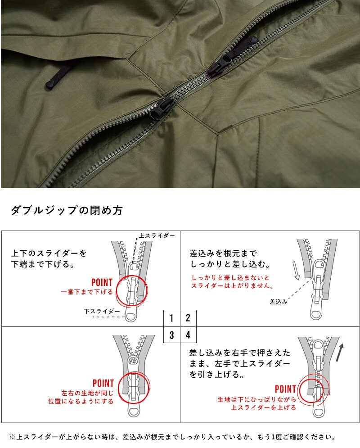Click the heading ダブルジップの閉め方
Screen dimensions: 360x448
(x=67, y=210)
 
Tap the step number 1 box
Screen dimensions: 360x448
(x=171, y=318)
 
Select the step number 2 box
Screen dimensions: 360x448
(x=188, y=318)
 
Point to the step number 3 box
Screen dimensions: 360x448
(x=171, y=335)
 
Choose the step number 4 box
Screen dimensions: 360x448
(x=188, y=335)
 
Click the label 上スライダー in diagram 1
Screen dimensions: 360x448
(x=157, y=235)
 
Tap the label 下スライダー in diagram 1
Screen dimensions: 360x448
(x=102, y=311)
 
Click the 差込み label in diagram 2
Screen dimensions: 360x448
(x=279, y=302)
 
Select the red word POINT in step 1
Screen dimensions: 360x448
(x=102, y=282)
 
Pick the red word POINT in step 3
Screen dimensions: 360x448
(x=103, y=383)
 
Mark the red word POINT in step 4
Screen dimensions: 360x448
(x=285, y=389)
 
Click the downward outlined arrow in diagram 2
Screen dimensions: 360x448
(x=297, y=270)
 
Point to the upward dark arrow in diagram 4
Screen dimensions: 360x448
(x=340, y=352)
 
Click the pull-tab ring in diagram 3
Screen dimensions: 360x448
(x=134, y=410)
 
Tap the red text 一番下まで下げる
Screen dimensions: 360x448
(x=87, y=292)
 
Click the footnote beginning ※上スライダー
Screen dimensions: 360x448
(x=173, y=437)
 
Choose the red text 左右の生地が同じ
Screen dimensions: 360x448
(x=87, y=393)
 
